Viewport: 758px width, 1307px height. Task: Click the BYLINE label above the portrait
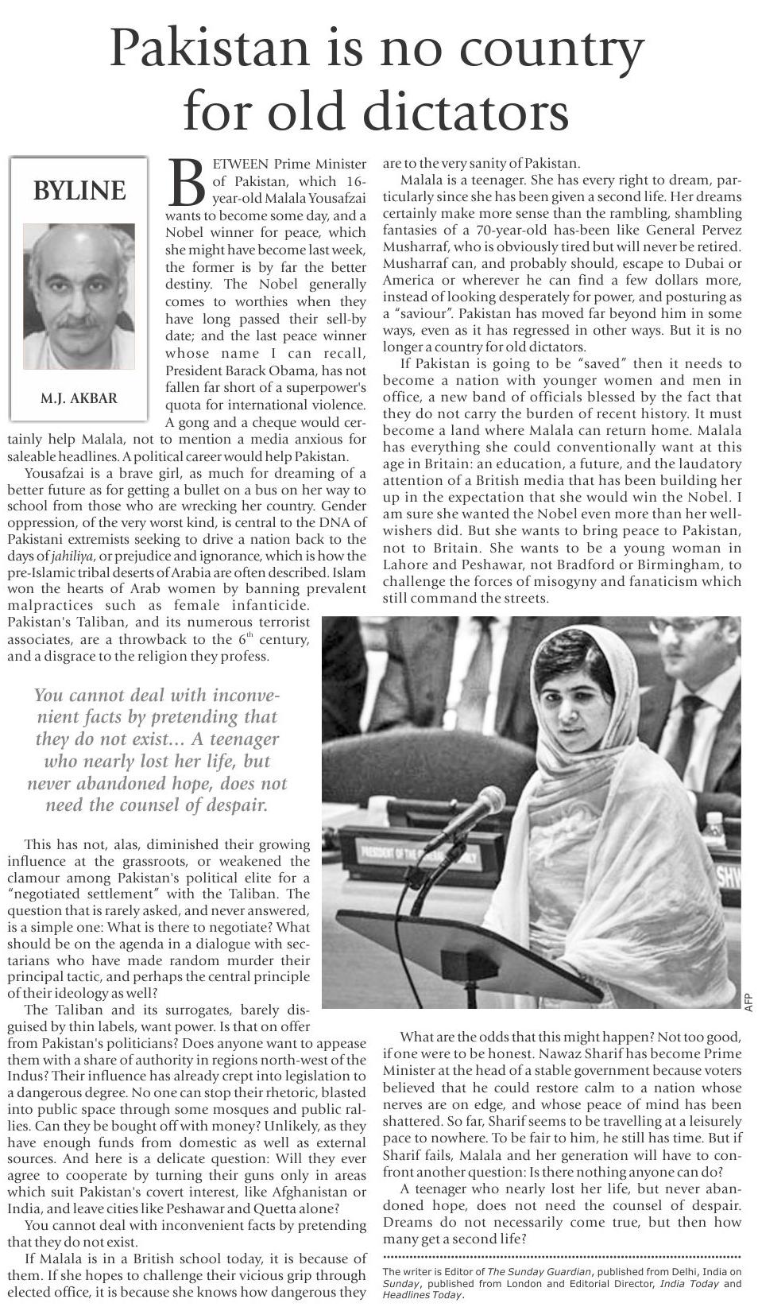click(79, 191)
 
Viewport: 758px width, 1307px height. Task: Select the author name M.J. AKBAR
click(79, 398)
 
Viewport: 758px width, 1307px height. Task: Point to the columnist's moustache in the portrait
click(78, 321)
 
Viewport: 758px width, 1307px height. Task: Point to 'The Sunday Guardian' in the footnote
click(538, 1272)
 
